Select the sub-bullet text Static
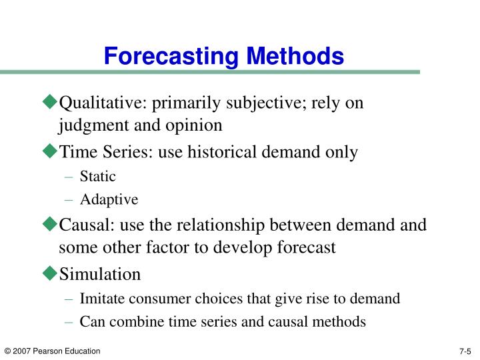click(x=97, y=177)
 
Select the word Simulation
click(x=100, y=274)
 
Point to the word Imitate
click(x=101, y=299)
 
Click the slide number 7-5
click(x=465, y=351)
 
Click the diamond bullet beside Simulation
click(x=51, y=273)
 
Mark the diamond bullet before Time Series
click(x=51, y=151)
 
